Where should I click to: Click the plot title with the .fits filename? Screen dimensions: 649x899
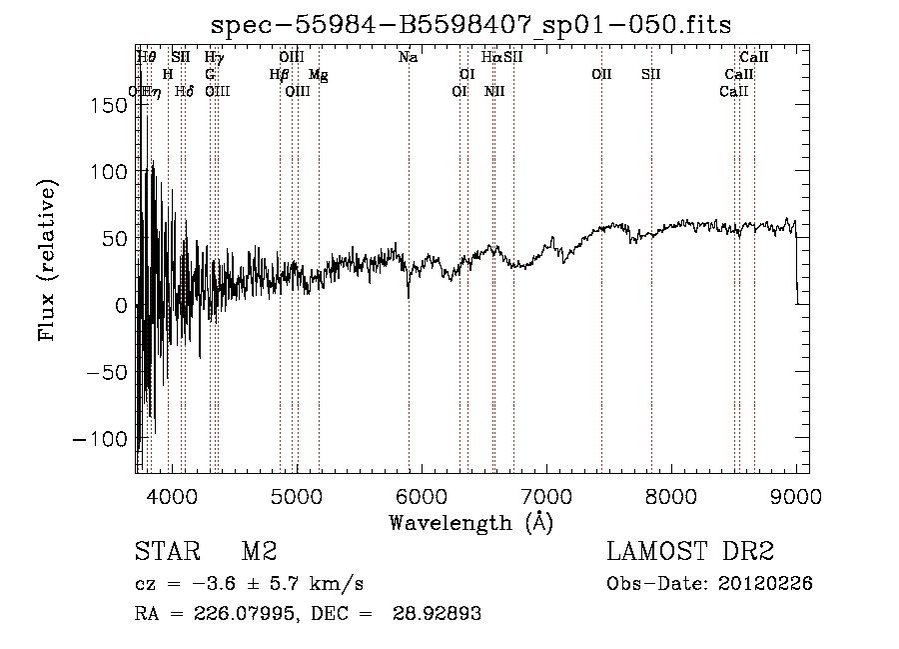[x=472, y=25]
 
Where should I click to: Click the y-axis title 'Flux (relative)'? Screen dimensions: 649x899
[x=47, y=260]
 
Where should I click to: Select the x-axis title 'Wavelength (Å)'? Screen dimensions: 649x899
[x=470, y=521]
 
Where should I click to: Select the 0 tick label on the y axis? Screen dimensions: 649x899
[x=121, y=305]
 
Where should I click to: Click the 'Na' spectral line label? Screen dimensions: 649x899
[x=408, y=58]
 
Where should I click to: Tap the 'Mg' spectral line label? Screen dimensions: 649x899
[x=318, y=75]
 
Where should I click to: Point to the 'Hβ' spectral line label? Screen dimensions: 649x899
[x=280, y=75]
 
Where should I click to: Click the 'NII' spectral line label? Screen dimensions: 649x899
[x=494, y=92]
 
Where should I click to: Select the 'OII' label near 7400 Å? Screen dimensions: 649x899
[x=601, y=75]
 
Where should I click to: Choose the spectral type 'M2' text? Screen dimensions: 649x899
[x=258, y=552]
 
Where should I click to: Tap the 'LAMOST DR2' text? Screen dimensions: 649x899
[x=690, y=552]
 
